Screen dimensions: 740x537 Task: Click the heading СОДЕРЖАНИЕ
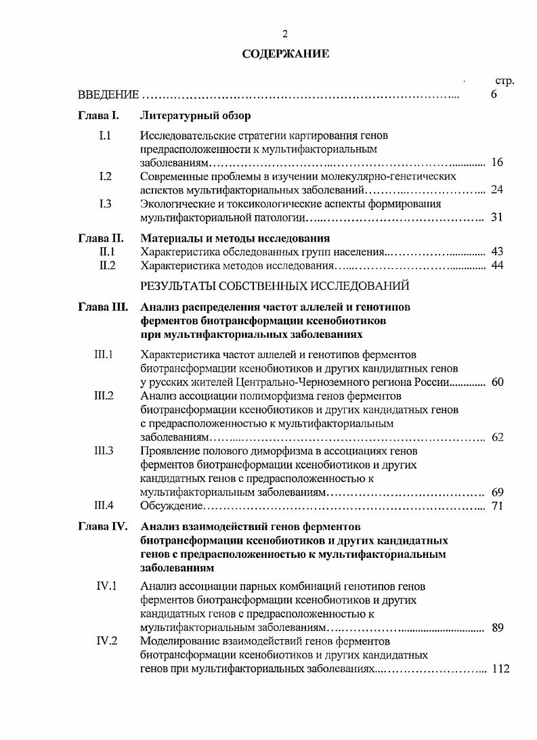[285, 54]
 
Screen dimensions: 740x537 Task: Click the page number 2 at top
[285, 34]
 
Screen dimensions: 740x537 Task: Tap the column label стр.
[505, 81]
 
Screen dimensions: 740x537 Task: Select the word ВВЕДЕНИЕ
[108, 95]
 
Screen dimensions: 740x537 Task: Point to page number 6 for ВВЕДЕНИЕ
[494, 94]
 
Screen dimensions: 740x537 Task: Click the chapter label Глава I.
[99, 116]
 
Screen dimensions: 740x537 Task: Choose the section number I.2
[105, 177]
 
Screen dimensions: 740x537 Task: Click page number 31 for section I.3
[497, 217]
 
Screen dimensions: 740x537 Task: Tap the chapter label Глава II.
[101, 238]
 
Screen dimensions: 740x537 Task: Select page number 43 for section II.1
[497, 252]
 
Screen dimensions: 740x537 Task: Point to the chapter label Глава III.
[103, 307]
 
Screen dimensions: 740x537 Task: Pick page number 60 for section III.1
[497, 383]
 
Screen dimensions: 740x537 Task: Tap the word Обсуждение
[172, 505]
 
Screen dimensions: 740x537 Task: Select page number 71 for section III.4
[497, 505]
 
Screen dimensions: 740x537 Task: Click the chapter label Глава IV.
[103, 526]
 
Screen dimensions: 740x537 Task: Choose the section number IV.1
[106, 586]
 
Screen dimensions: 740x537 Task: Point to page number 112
[500, 668]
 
